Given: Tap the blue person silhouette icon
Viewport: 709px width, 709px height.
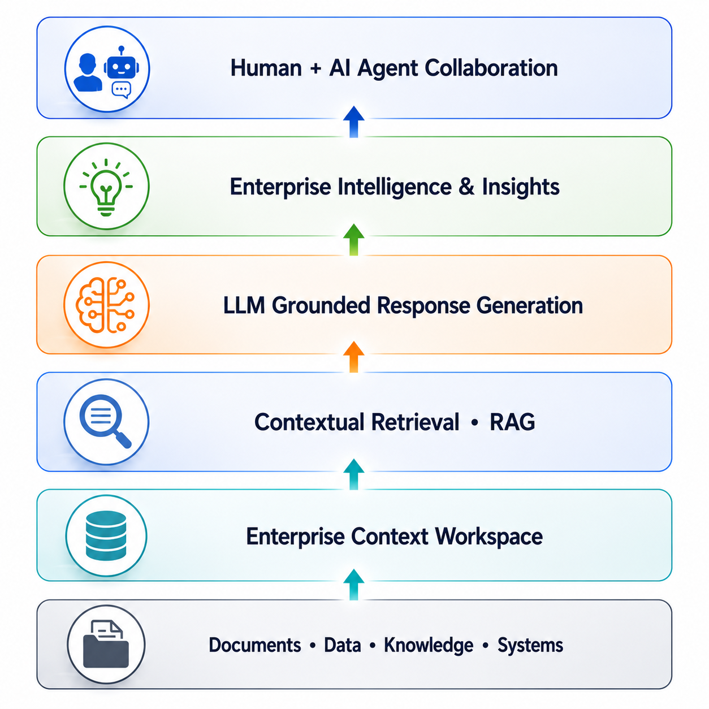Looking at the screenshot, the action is click(x=88, y=72).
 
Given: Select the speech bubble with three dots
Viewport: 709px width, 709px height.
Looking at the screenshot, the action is click(x=121, y=90).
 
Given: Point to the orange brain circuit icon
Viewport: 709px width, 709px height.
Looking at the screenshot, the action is click(x=105, y=305).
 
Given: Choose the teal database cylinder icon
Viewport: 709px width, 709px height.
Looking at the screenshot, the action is click(x=106, y=535).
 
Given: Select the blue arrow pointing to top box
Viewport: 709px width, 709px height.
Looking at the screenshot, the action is click(x=353, y=122).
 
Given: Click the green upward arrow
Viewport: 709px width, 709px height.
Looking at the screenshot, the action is click(x=353, y=240).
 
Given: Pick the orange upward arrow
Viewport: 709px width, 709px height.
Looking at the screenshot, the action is click(x=353, y=357).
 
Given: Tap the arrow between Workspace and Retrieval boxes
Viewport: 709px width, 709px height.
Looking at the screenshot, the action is click(x=353, y=474).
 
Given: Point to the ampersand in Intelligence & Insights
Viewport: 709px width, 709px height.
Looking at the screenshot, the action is click(x=466, y=187).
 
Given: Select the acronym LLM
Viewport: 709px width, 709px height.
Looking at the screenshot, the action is click(x=244, y=305).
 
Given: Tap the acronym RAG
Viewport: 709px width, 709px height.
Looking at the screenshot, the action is click(x=512, y=422).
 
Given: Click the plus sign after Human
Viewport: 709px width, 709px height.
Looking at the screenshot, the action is click(x=315, y=69).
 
